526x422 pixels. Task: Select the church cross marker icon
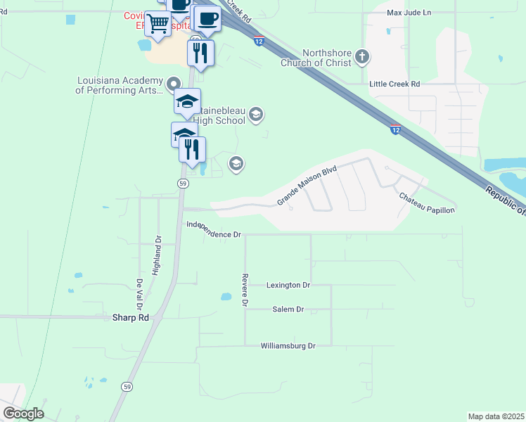[361, 57]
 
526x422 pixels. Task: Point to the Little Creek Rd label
[394, 84]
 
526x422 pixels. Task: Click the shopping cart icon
[158, 24]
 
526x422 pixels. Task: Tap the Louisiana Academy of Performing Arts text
[120, 85]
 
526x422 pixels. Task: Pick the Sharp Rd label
[131, 318]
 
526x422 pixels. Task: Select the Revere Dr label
[245, 290]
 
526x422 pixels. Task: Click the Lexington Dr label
[288, 285]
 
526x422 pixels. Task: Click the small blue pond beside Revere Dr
[226, 297]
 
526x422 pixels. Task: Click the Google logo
[23, 414]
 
